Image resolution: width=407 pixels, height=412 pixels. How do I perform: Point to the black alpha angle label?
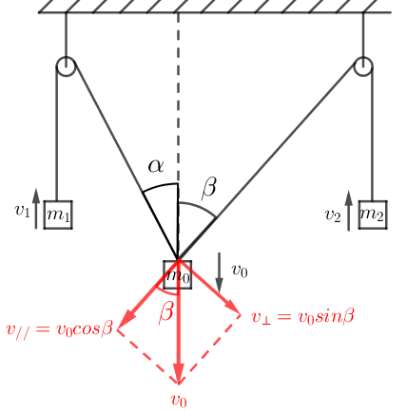[x=156, y=165]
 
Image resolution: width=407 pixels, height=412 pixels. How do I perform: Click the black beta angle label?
[x=209, y=188]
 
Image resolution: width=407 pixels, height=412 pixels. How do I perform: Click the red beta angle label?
[x=166, y=312]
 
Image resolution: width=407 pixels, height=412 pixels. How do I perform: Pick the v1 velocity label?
[x=22, y=210]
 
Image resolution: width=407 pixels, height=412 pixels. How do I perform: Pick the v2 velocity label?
[x=333, y=215]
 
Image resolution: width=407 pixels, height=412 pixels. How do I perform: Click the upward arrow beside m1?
[x=36, y=208]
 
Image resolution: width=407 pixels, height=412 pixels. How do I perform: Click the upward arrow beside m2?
[x=349, y=211]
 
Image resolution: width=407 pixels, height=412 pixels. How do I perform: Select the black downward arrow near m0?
[x=219, y=272]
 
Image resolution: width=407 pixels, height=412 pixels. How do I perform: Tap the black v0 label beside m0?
[x=240, y=271]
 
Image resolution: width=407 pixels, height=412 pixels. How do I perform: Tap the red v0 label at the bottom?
[x=179, y=400]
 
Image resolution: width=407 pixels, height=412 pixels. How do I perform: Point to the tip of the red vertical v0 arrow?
[x=179, y=384]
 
